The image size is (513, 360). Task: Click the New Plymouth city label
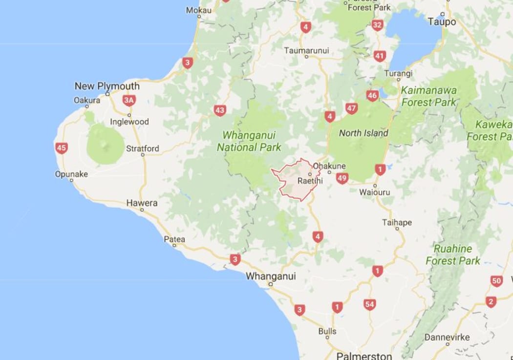[x=107, y=86]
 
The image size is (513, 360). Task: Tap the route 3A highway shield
[x=129, y=101]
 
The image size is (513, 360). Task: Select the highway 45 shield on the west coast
[x=61, y=148]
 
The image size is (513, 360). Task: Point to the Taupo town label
[x=442, y=21]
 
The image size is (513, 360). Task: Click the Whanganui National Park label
[x=249, y=141]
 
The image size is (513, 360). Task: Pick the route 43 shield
[x=220, y=110]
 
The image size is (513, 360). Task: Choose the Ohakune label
[x=329, y=166]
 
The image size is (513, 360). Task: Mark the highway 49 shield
[x=342, y=179]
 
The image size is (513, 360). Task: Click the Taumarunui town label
[x=307, y=50]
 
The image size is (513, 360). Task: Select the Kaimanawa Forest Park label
[x=428, y=96]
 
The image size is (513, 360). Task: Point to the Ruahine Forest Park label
[x=453, y=254]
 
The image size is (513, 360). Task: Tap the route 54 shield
[x=369, y=305]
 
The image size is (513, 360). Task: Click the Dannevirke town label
[x=447, y=338]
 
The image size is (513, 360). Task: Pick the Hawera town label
[x=142, y=203]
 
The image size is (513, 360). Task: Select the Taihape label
[x=397, y=223]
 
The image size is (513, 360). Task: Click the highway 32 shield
[x=377, y=25]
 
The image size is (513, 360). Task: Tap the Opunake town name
[x=71, y=174]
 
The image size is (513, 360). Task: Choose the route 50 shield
[x=497, y=281]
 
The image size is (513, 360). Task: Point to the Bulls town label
[x=327, y=331]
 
